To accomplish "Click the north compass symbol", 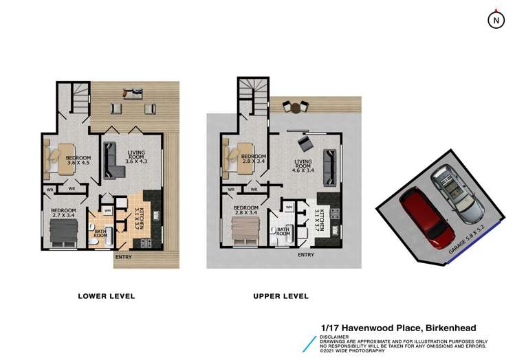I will pos(495,21).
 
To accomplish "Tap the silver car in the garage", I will pos(455,194).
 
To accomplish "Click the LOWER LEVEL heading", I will pos(107,296).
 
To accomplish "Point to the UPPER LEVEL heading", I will pos(281,296).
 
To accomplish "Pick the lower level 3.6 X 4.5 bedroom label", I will pos(78,160).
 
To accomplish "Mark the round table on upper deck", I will pos(296,106).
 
